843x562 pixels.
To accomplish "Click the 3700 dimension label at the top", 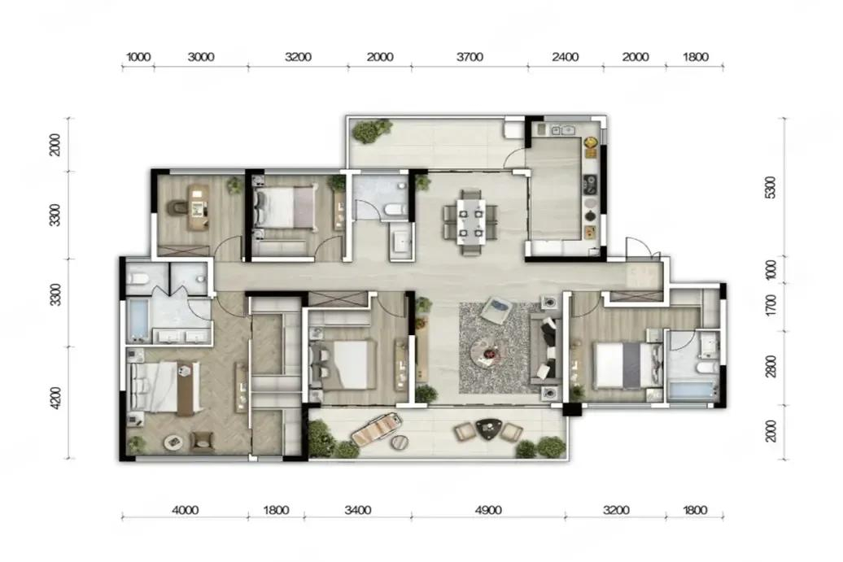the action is [470, 57].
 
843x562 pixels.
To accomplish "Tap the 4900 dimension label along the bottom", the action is [488, 510].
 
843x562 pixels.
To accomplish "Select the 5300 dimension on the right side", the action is [771, 188].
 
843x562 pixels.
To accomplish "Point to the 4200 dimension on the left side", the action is [56, 399].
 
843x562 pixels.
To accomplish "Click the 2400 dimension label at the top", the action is [566, 57].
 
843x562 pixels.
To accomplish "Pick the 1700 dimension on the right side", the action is [771, 305].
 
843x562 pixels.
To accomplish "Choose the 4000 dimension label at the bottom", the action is [185, 510].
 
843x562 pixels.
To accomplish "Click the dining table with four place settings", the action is [470, 222].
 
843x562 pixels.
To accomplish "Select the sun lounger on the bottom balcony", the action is [376, 429].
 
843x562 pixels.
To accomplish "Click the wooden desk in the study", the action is [198, 207].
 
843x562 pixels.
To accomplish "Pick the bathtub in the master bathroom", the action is [138, 320].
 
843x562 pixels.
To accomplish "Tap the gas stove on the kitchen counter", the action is [590, 184].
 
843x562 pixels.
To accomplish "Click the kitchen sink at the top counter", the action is [563, 129].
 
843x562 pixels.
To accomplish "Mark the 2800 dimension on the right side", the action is [771, 366].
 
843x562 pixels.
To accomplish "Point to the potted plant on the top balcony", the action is [370, 131].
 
